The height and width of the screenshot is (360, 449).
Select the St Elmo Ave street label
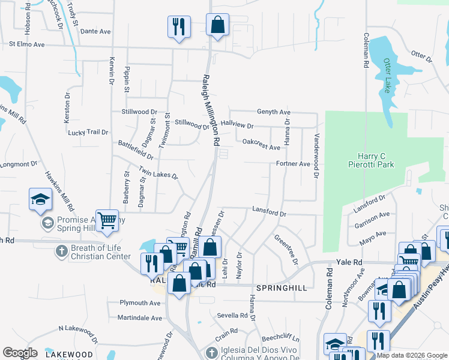[26, 44]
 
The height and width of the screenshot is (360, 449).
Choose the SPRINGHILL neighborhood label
[282, 288]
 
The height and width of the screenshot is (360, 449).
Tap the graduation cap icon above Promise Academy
[40, 199]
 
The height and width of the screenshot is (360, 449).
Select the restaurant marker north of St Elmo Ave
[178, 26]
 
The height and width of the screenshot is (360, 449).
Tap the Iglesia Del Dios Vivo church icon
[210, 352]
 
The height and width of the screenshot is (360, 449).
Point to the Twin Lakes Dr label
[158, 173]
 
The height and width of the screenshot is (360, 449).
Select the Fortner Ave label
[293, 164]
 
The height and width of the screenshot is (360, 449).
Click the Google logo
[20, 353]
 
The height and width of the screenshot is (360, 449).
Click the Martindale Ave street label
[140, 317]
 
